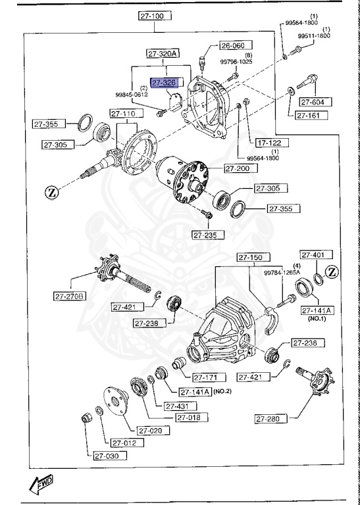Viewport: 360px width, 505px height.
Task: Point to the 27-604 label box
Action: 316,102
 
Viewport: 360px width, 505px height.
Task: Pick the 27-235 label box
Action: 208,235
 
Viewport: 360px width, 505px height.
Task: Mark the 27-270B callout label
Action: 71,297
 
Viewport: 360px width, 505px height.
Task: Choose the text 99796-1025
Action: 236,62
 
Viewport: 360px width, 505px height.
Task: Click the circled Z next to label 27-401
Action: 332,272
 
